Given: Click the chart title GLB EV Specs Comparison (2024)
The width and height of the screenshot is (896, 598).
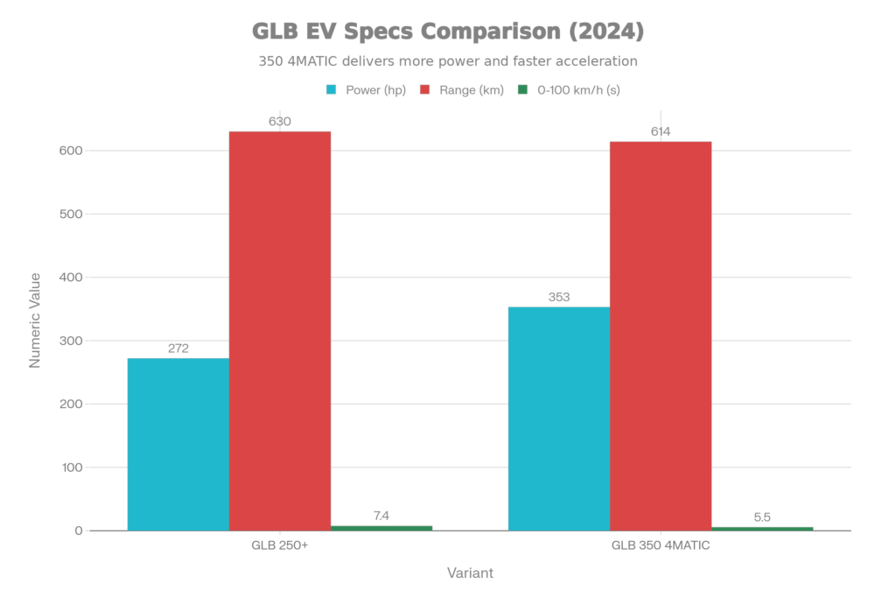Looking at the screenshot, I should pos(448,32).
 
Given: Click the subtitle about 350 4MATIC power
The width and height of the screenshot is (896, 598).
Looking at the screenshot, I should pos(447,62).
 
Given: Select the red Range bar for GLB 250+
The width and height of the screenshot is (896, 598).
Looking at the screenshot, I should pos(280,330).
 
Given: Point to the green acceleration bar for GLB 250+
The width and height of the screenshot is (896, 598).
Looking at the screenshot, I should pos(381,527).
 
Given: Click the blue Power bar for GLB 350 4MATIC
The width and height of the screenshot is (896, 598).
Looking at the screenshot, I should pos(558,418).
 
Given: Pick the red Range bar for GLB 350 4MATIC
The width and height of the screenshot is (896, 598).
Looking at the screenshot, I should pos(661,335).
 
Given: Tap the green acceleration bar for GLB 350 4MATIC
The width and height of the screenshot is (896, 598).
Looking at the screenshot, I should pos(762,528).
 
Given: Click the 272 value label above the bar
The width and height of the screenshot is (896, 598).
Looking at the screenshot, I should pos(178,348).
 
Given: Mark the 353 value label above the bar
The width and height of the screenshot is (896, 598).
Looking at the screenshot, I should pos(558,297).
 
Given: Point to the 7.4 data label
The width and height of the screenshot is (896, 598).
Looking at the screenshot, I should pos(381,516).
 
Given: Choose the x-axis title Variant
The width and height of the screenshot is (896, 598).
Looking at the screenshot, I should pos(470,573).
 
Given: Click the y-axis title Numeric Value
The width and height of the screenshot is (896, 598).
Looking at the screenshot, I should pos(35,319).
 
